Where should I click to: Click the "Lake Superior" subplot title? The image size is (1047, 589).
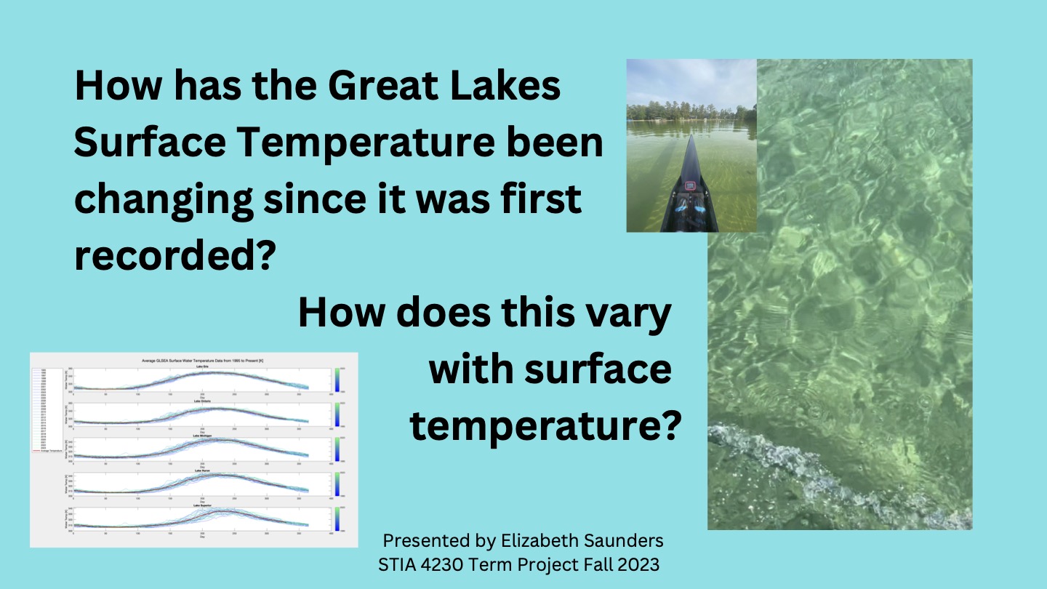tap(203, 505)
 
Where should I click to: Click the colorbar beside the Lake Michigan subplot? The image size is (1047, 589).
tap(339, 449)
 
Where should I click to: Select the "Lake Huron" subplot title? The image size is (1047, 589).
tap(203, 470)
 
